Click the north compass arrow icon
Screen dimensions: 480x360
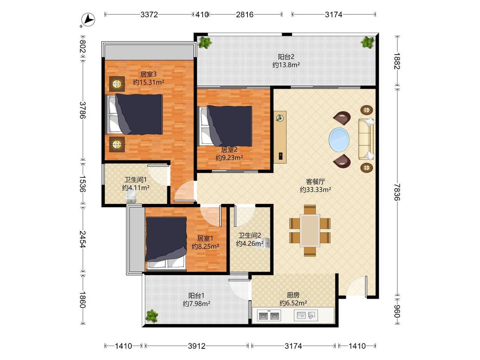pos(89,20)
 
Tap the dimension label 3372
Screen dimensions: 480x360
pos(149,15)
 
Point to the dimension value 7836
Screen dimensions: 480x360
pos(397,192)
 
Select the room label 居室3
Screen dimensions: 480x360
pos(148,74)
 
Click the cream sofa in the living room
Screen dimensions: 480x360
pos(366,139)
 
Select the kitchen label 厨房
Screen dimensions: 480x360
pos(293,295)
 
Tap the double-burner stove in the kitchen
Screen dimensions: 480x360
pos(269,316)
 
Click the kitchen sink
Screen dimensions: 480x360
pos(306,315)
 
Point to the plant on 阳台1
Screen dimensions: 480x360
pos(151,316)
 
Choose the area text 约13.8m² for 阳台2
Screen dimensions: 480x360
pos(286,65)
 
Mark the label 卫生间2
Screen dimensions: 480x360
pos(250,235)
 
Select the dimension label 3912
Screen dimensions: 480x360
pos(197,346)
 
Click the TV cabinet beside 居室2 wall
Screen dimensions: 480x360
pos(280,137)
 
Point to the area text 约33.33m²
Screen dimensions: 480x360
pos(315,190)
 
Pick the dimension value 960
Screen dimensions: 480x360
pos(397,311)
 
